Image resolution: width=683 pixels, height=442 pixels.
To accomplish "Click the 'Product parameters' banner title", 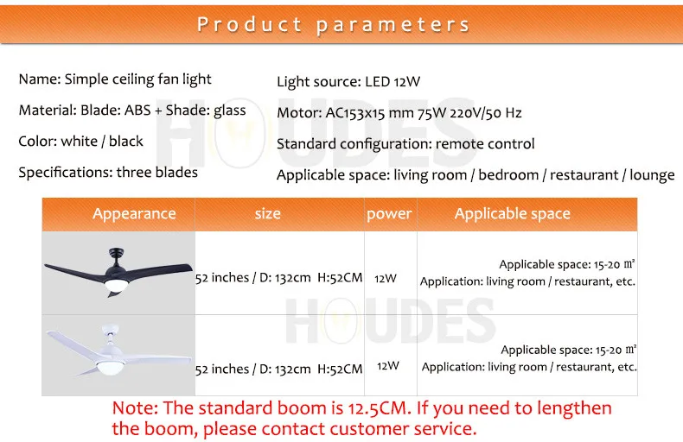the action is tap(333, 24).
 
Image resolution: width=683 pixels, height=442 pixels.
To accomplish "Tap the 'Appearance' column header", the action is tap(134, 213).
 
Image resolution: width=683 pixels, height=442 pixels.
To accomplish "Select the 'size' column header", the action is tap(267, 213).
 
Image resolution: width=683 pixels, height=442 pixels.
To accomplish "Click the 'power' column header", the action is tap(389, 213).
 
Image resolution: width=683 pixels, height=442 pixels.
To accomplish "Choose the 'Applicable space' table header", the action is tap(512, 213).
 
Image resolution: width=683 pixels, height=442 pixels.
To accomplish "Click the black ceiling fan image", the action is tap(118, 271).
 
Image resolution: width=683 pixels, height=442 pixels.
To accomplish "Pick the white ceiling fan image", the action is tap(118, 350).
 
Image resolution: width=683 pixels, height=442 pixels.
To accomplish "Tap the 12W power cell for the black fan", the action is tap(386, 278).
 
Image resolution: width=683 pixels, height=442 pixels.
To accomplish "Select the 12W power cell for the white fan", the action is tap(387, 366).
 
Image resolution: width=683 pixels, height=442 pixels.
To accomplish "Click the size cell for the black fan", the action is tap(278, 278).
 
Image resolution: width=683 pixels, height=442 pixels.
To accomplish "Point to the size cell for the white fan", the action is tap(278, 369).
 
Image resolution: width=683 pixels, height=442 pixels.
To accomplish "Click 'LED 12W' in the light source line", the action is tap(393, 81).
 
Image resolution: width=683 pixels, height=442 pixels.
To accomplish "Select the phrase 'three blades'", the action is tap(156, 173).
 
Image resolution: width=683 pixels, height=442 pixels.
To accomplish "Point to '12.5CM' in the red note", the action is tap(379, 408).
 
